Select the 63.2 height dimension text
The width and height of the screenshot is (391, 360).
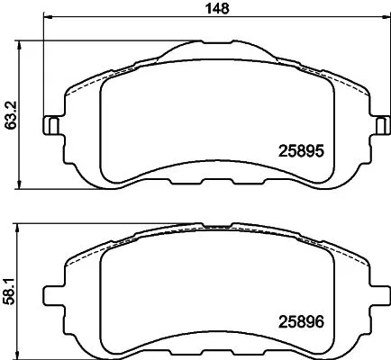pos(9,114)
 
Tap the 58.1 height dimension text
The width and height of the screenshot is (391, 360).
pos(9,285)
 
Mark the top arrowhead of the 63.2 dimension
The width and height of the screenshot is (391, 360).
pos(21,42)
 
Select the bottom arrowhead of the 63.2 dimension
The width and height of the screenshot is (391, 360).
pos(21,184)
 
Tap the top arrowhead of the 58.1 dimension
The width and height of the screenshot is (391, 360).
pos(21,223)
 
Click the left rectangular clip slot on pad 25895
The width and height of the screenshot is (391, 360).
pos(53,125)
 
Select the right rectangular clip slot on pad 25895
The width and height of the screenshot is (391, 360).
pos(372,125)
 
